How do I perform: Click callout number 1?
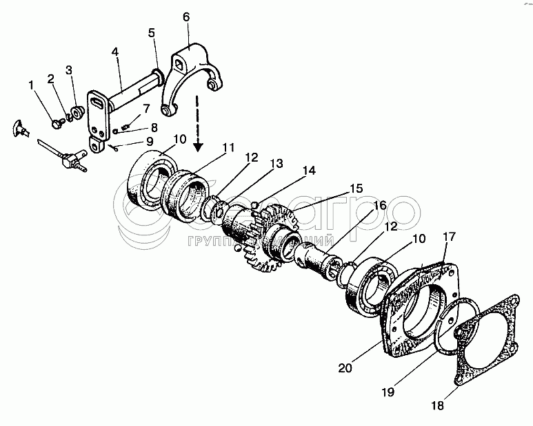[x=30, y=85]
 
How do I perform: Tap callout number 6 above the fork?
[x=185, y=17]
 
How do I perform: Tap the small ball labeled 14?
[x=257, y=204]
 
